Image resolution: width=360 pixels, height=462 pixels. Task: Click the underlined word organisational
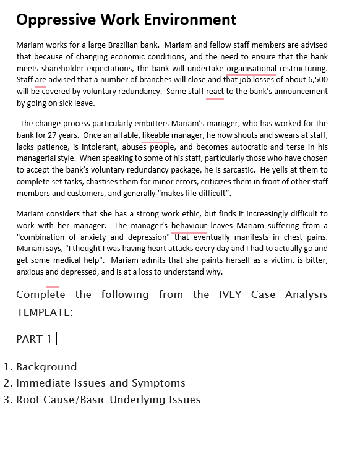[252, 68]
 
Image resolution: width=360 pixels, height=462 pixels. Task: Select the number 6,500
[317, 80]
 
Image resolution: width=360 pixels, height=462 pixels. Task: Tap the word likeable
[155, 135]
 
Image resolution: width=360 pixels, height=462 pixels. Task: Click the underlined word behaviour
[189, 225]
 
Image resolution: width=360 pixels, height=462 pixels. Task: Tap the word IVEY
[230, 294]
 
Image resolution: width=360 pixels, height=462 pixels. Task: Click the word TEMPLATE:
[45, 312]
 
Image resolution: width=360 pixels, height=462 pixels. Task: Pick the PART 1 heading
[34, 339]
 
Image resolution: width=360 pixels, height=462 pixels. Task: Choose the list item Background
[46, 367]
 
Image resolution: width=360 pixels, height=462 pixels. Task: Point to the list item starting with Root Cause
[108, 400]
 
